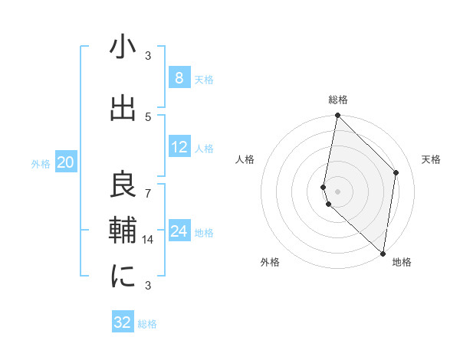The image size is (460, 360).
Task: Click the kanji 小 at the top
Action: click(x=123, y=47)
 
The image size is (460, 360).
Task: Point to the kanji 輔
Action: click(x=123, y=231)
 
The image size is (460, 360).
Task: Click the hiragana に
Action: click(x=123, y=276)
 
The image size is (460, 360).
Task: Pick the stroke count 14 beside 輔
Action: click(x=149, y=239)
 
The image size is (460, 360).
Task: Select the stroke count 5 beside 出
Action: click(x=149, y=116)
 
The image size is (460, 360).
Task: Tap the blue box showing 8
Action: click(x=179, y=77)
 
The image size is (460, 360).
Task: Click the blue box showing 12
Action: click(x=179, y=147)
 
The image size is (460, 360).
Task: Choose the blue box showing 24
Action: click(x=179, y=231)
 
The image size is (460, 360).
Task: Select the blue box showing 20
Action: click(x=66, y=162)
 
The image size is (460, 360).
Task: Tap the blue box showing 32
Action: click(x=123, y=322)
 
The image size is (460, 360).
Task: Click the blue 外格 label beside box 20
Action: click(x=41, y=163)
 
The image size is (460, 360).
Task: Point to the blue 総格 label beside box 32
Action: click(x=147, y=324)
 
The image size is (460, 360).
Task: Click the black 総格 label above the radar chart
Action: click(x=338, y=100)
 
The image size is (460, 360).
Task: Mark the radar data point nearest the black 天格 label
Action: click(x=396, y=172)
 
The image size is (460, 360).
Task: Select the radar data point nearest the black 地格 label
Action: click(x=383, y=253)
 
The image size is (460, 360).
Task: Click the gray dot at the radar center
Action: click(x=338, y=191)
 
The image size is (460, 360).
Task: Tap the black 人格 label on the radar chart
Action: click(x=245, y=159)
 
